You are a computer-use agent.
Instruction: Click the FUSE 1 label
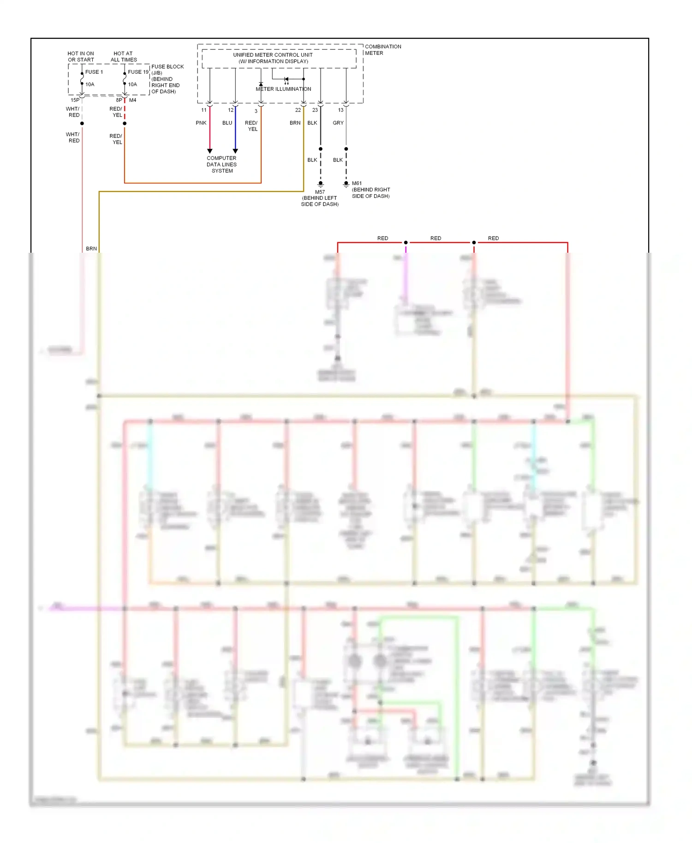94,72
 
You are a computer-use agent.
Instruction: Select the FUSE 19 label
138,72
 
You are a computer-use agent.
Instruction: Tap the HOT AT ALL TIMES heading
124,56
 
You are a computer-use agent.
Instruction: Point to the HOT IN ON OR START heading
81,56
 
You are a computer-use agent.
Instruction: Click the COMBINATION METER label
382,49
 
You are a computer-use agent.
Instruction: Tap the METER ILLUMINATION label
283,89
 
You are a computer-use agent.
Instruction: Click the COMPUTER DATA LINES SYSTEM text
221,164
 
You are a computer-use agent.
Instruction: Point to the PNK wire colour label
201,123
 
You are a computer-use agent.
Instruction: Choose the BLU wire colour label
227,123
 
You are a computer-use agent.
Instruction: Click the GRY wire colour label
338,123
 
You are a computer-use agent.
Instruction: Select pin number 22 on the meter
298,110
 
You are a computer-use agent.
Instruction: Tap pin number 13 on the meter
340,110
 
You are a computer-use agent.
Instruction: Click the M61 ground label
357,183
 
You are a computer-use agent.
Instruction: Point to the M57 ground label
320,192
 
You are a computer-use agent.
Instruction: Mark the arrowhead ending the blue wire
235,151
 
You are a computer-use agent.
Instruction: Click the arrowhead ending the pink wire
210,151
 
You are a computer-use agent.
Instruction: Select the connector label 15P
75,100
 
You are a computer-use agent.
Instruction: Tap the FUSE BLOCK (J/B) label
167,70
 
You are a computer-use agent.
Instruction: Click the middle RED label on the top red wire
435,238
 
